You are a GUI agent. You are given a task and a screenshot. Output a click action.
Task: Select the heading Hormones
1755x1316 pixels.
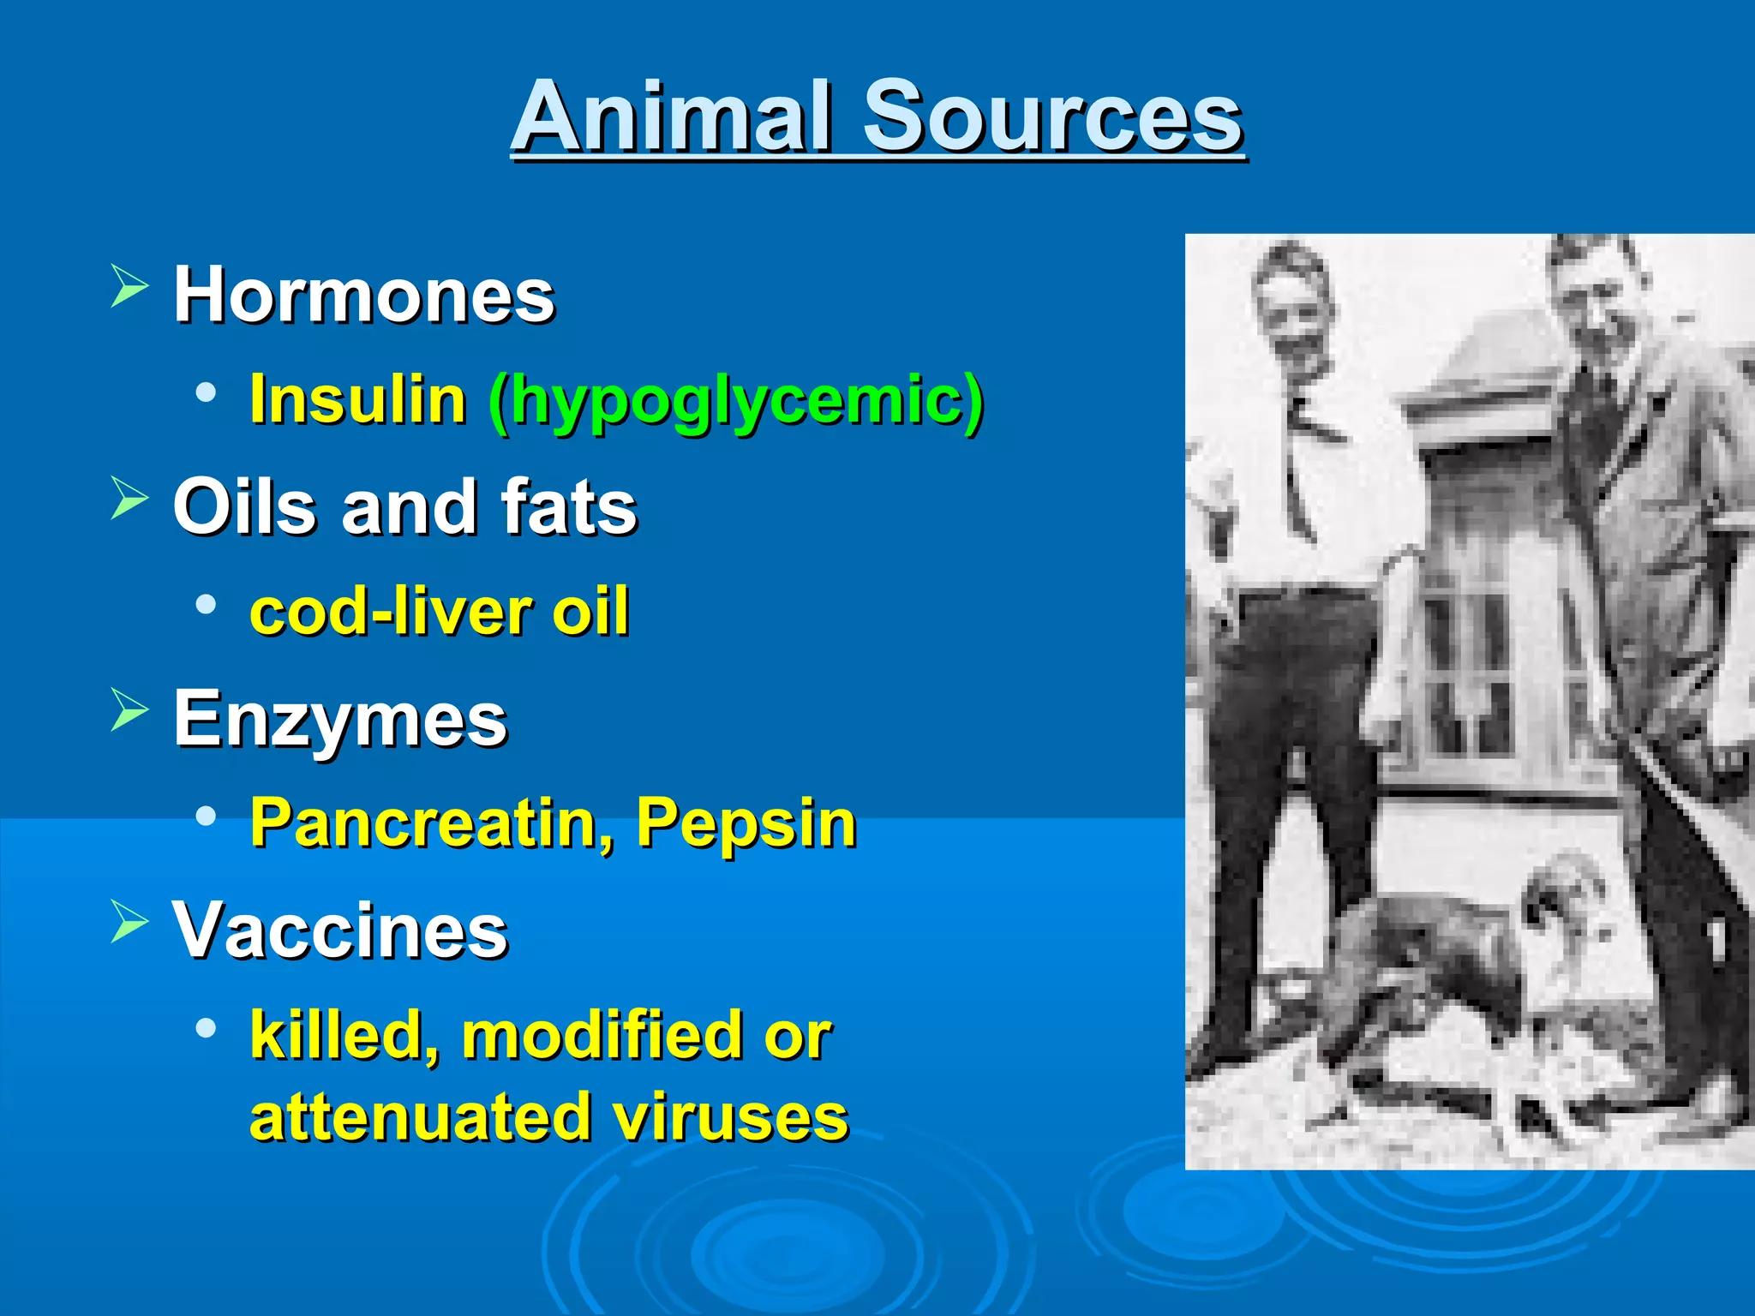pos(364,295)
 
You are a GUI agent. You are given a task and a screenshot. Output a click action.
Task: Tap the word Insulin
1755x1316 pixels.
pos(357,399)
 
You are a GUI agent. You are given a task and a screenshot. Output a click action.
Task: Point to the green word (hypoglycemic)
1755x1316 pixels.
pos(736,401)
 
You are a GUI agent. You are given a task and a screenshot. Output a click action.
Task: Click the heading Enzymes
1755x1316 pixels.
pos(340,719)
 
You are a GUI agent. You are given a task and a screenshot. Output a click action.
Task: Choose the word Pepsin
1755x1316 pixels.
pos(746,823)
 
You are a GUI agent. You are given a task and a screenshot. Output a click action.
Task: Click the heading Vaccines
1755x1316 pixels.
pos(340,930)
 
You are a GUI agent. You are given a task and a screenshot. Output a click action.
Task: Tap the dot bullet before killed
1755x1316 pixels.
pos(206,1026)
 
